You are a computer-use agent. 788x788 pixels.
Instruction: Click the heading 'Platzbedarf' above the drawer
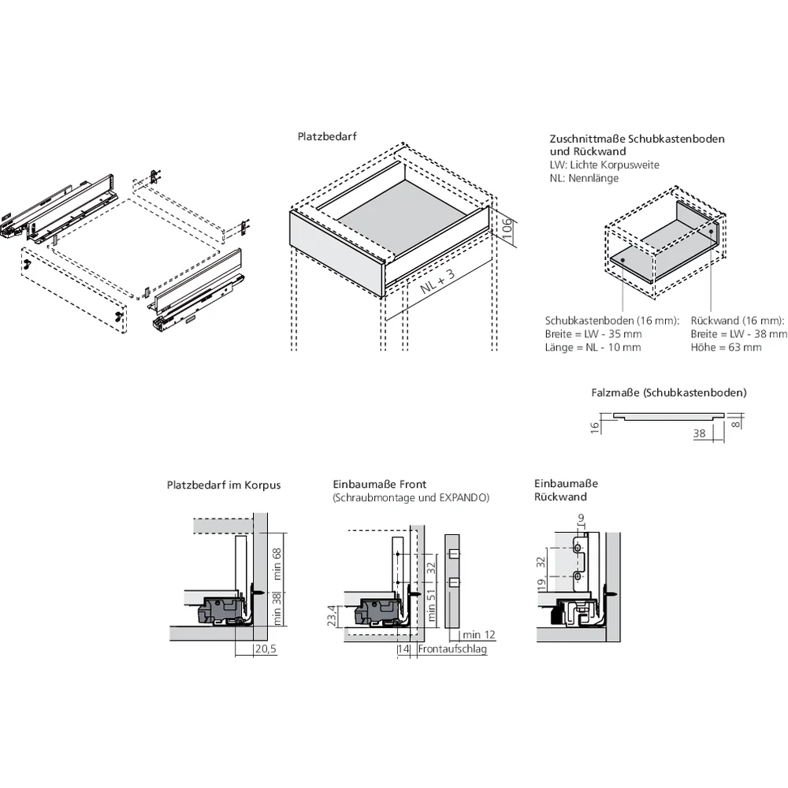pyautogui.click(x=327, y=136)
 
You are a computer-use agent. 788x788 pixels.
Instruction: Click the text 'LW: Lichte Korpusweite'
pyautogui.click(x=604, y=165)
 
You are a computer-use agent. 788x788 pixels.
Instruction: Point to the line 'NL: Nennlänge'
pyautogui.click(x=584, y=178)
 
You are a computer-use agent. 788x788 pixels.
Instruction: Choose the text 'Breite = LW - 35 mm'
pyautogui.click(x=593, y=334)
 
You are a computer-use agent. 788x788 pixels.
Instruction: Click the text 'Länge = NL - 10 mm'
pyautogui.click(x=593, y=348)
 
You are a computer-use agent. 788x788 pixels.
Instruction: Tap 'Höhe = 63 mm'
pyautogui.click(x=726, y=348)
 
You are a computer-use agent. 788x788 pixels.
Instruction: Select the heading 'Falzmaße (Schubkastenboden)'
pyautogui.click(x=669, y=392)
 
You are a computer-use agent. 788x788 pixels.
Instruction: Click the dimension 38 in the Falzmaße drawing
pyautogui.click(x=699, y=433)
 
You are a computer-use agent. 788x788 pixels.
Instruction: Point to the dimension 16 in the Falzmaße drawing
pyautogui.click(x=596, y=426)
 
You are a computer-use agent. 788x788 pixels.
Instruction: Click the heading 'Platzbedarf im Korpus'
pyautogui.click(x=224, y=485)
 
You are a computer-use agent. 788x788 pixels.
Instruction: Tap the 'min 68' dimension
pyautogui.click(x=275, y=565)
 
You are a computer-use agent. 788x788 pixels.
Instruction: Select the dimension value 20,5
pyautogui.click(x=264, y=649)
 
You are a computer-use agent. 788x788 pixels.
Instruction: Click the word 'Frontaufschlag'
pyautogui.click(x=452, y=649)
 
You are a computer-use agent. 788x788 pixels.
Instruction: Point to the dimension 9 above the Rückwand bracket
pyautogui.click(x=582, y=518)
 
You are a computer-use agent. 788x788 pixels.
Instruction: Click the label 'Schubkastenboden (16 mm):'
pyautogui.click(x=611, y=321)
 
